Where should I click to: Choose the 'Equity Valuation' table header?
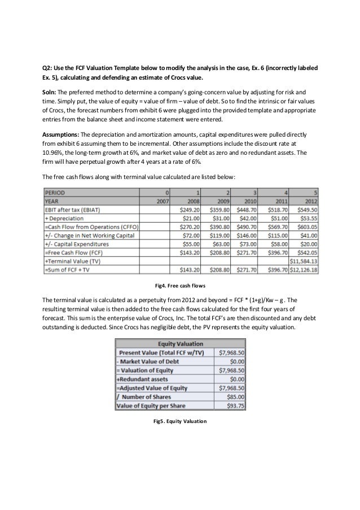point(179,345)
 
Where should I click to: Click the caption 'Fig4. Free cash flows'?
point(180,284)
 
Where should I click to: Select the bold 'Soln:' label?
point(52,90)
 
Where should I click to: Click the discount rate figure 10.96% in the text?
point(55,152)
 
